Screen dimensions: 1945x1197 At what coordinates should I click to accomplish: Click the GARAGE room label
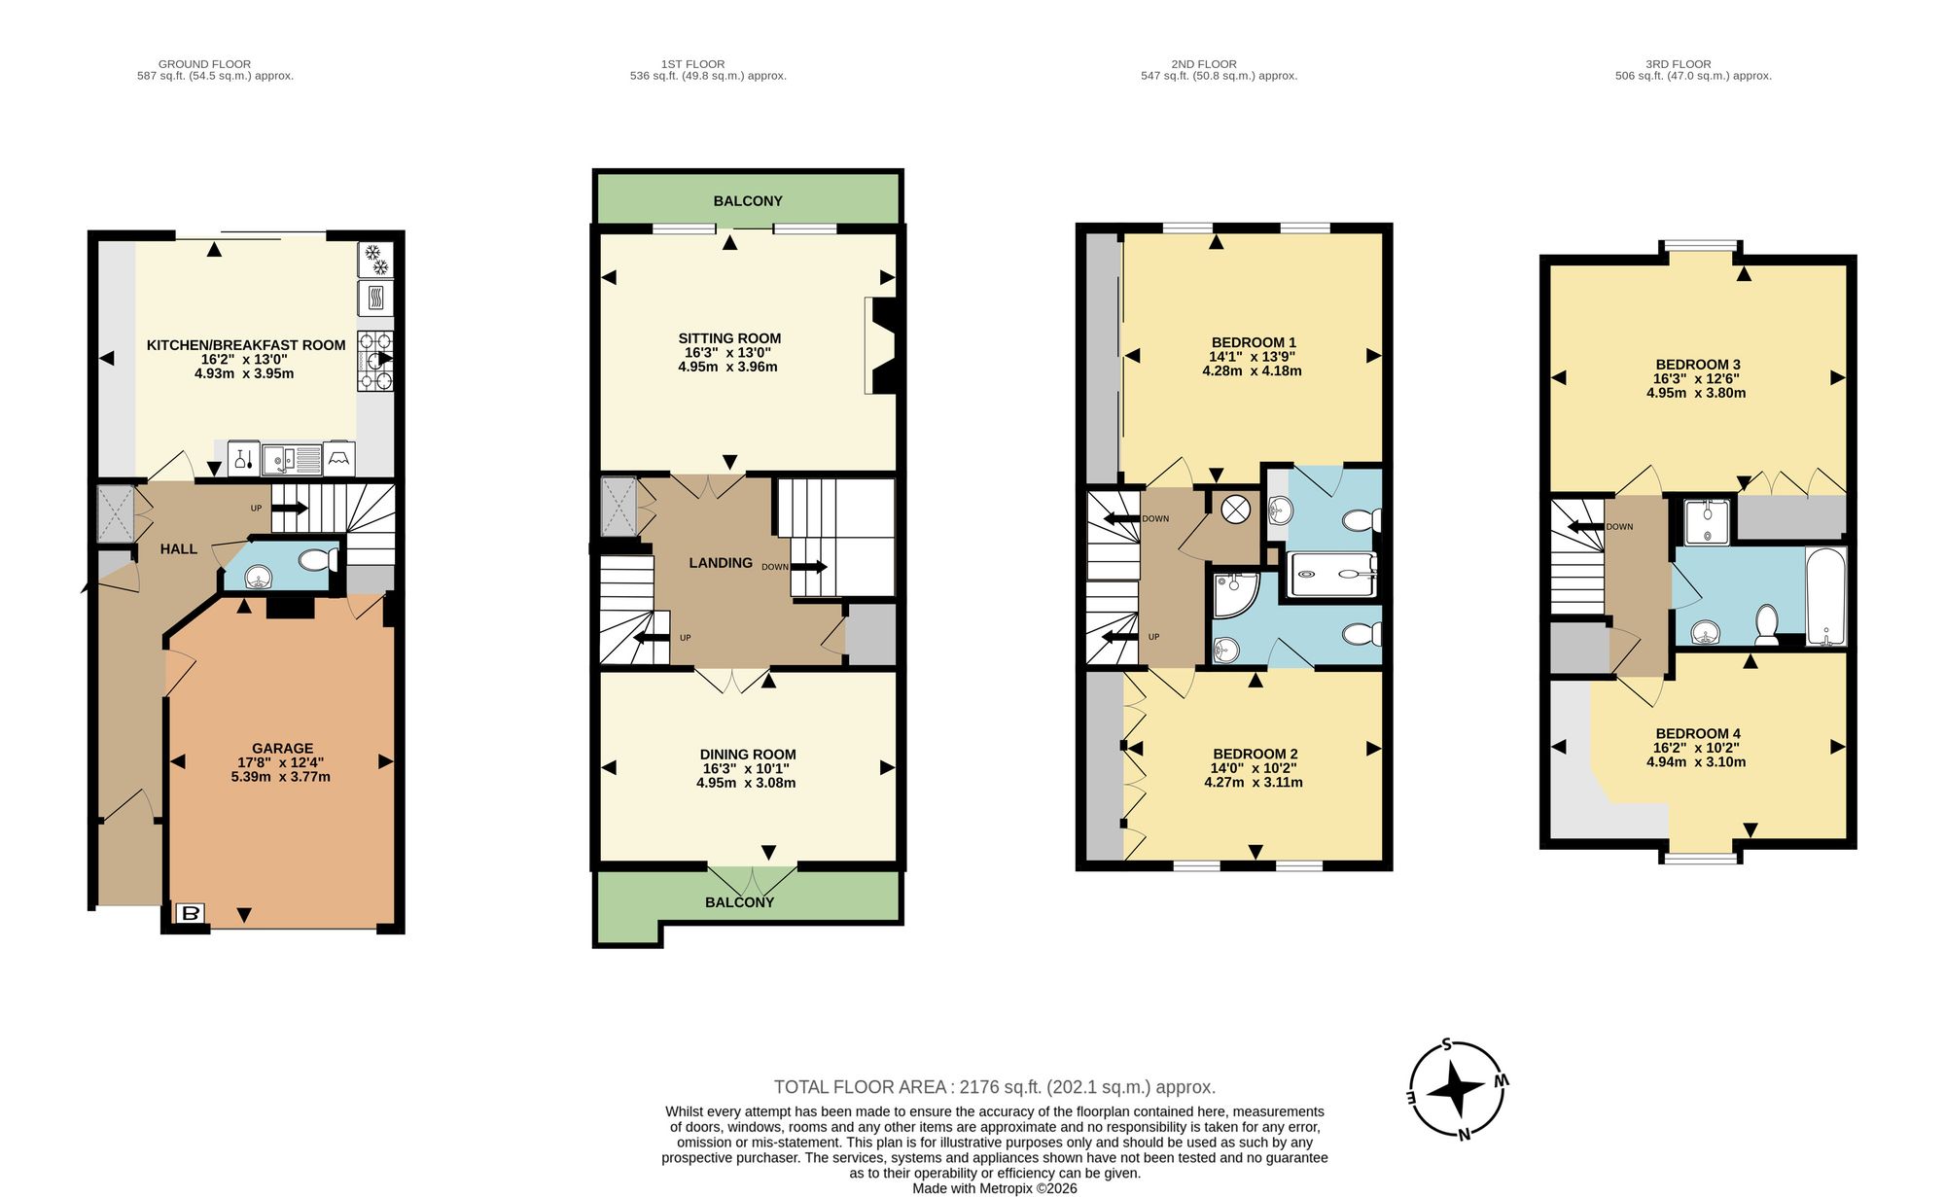pyautogui.click(x=282, y=749)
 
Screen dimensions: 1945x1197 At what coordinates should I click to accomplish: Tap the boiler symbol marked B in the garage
pyautogui.click(x=191, y=913)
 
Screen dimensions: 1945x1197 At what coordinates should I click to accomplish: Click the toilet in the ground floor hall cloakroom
pyautogui.click(x=318, y=560)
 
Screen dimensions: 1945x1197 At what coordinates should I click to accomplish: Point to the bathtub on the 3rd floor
pyautogui.click(x=1825, y=597)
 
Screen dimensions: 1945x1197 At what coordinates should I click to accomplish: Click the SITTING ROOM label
pyautogui.click(x=729, y=338)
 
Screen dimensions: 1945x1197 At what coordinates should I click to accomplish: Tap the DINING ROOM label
pyautogui.click(x=748, y=755)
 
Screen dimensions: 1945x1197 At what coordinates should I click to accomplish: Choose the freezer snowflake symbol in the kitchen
pyautogui.click(x=375, y=260)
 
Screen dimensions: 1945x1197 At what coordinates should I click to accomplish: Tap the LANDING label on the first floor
pyautogui.click(x=721, y=563)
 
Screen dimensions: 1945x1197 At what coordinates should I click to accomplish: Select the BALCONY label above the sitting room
pyautogui.click(x=748, y=201)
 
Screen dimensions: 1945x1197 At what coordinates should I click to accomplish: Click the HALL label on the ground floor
pyautogui.click(x=179, y=549)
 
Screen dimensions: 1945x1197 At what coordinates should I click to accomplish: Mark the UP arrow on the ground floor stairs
pyautogui.click(x=290, y=508)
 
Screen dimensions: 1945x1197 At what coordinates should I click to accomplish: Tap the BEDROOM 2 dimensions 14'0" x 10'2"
pyautogui.click(x=1255, y=768)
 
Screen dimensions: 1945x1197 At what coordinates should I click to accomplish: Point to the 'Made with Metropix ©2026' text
pyautogui.click(x=995, y=1188)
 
